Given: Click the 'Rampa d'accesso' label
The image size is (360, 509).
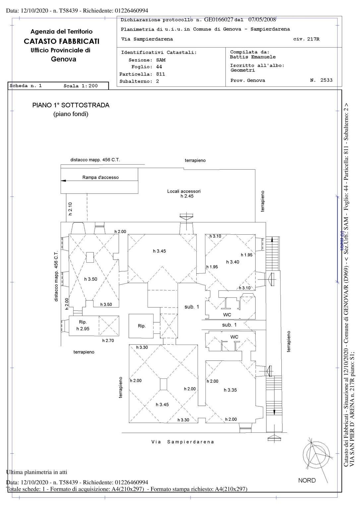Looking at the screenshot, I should [x=100, y=177].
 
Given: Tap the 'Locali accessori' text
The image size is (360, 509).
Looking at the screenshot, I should [x=184, y=191].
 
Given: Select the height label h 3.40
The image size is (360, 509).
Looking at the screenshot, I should [x=232, y=262].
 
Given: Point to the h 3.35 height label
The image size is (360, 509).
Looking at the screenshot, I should [x=230, y=390].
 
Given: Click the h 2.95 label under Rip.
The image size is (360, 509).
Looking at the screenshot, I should [x=83, y=329].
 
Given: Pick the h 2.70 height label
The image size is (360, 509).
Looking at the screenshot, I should [x=108, y=340].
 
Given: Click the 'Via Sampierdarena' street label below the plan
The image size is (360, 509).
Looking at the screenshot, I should [x=183, y=442].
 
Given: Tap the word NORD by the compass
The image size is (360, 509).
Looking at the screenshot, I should [x=307, y=481].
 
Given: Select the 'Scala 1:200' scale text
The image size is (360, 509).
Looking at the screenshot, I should [x=81, y=86].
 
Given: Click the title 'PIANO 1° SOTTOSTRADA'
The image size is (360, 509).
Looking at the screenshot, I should [x=71, y=105].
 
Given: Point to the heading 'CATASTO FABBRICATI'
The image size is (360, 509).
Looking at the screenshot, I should [x=62, y=41].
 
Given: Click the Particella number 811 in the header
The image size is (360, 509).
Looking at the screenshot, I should [x=160, y=74].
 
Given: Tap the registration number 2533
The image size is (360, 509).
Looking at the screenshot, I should [x=326, y=80].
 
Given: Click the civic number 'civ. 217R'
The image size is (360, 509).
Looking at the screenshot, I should [x=306, y=39].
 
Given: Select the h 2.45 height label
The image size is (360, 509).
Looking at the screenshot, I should [x=187, y=196].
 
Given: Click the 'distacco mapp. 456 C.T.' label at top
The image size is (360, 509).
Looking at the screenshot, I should [x=95, y=160].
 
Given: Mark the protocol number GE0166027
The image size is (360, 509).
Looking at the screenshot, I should [x=219, y=20].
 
